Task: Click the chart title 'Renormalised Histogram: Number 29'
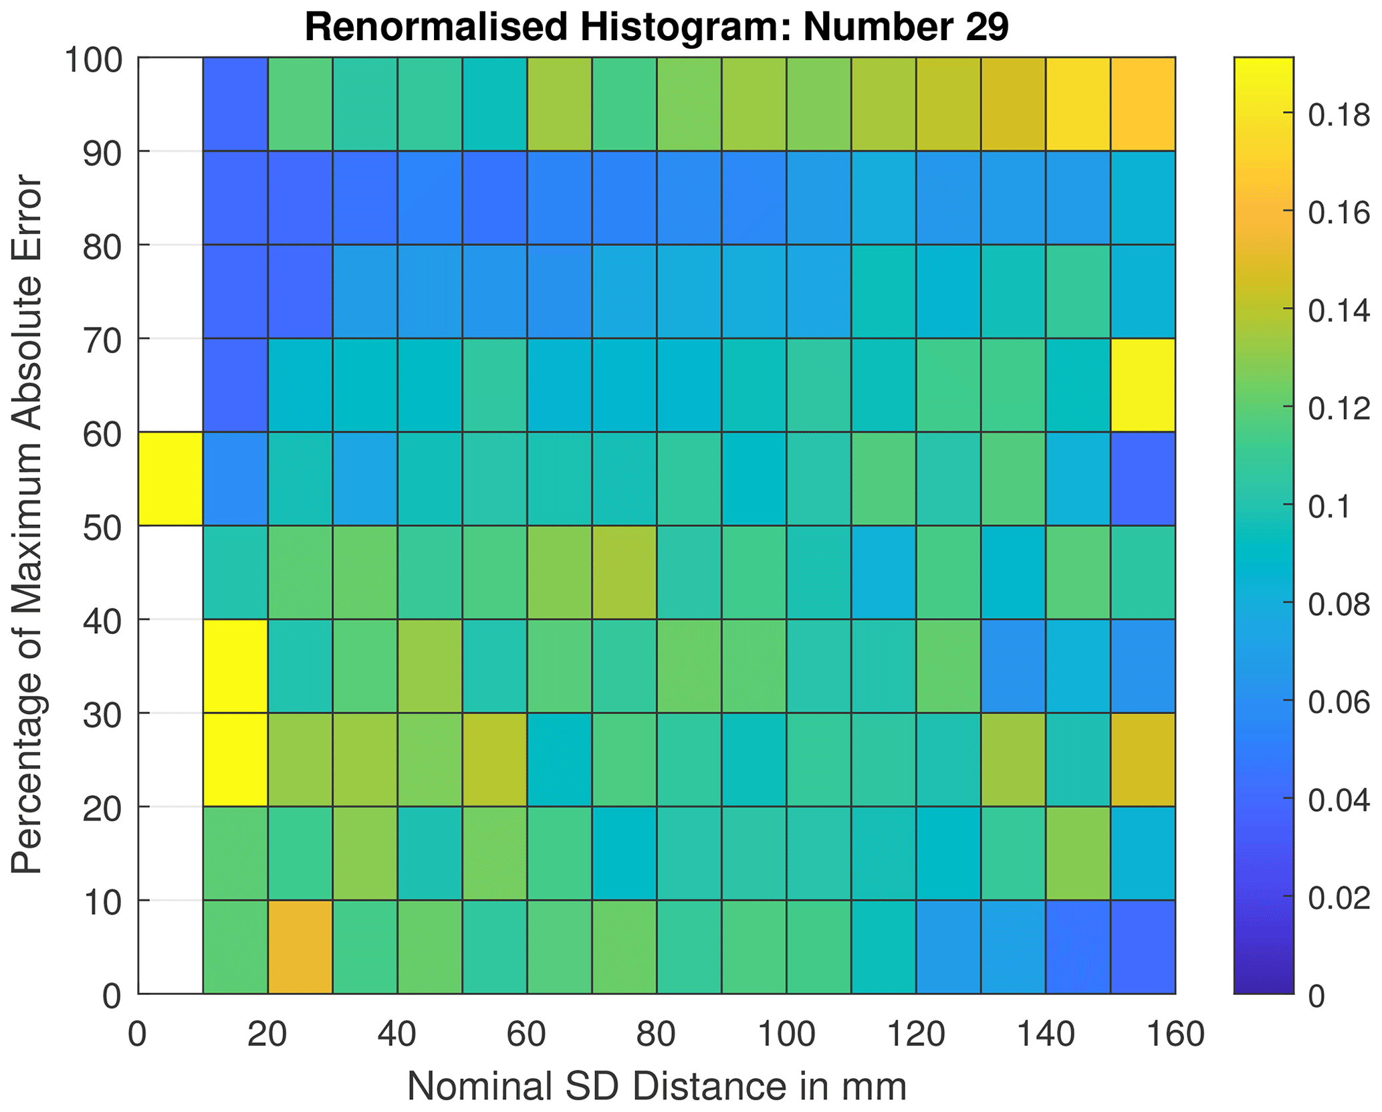point(656,28)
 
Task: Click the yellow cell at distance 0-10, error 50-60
point(170,479)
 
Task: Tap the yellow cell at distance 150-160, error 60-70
point(1143,385)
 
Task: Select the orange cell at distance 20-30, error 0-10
point(300,947)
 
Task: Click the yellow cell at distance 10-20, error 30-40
point(235,666)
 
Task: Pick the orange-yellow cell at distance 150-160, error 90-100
point(1143,104)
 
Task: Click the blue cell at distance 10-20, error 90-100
point(235,104)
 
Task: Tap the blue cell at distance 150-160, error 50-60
point(1143,479)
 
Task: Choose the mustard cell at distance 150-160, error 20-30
point(1143,760)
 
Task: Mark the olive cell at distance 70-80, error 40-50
point(624,572)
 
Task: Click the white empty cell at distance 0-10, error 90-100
point(170,104)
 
